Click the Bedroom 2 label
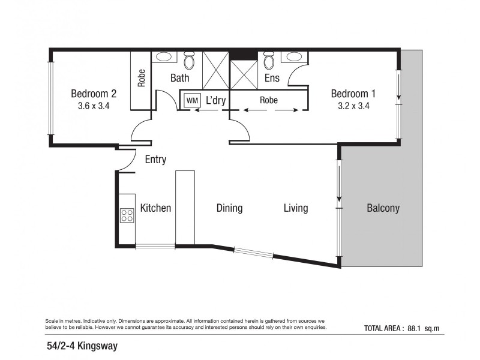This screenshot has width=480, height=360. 93,94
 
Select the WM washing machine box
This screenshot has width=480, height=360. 192,100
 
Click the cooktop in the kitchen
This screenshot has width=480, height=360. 127,215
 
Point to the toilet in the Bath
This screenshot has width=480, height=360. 190,61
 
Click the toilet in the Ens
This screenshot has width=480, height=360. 269,61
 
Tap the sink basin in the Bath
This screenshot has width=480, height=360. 164,58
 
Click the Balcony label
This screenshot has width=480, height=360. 383,208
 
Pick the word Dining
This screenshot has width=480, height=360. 229,208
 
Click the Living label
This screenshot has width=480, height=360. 296,208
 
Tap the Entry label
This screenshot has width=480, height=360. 155,160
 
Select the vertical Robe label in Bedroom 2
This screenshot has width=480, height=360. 142,79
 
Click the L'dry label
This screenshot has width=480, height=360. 215,100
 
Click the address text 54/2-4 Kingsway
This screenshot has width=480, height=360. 84,346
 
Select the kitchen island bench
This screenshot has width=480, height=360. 185,208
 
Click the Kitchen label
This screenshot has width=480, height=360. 155,208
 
